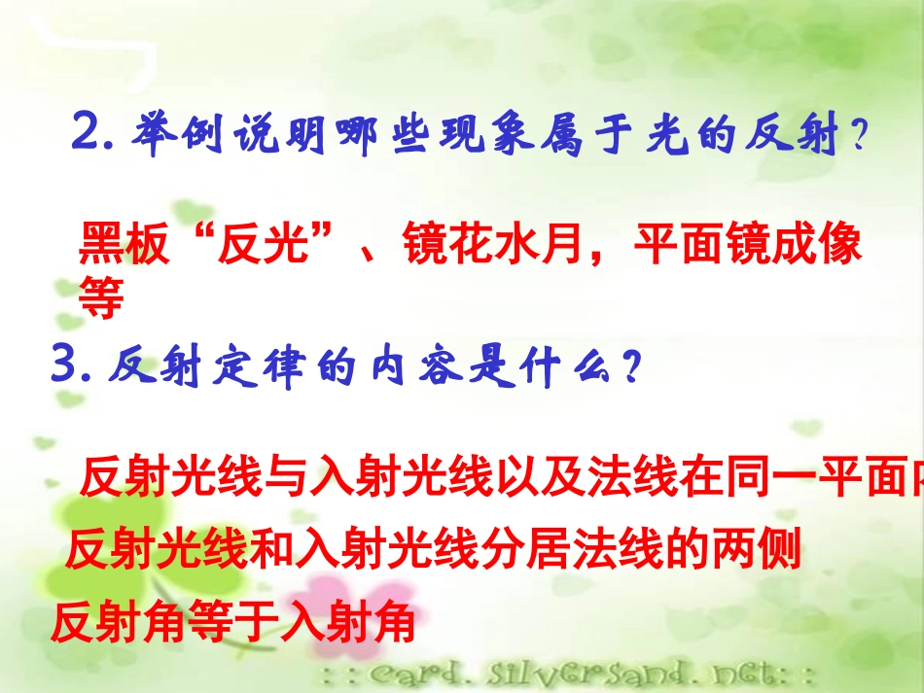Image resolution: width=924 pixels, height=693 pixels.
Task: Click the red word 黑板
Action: coord(117,246)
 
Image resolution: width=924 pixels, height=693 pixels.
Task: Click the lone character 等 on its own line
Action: coord(101,298)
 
